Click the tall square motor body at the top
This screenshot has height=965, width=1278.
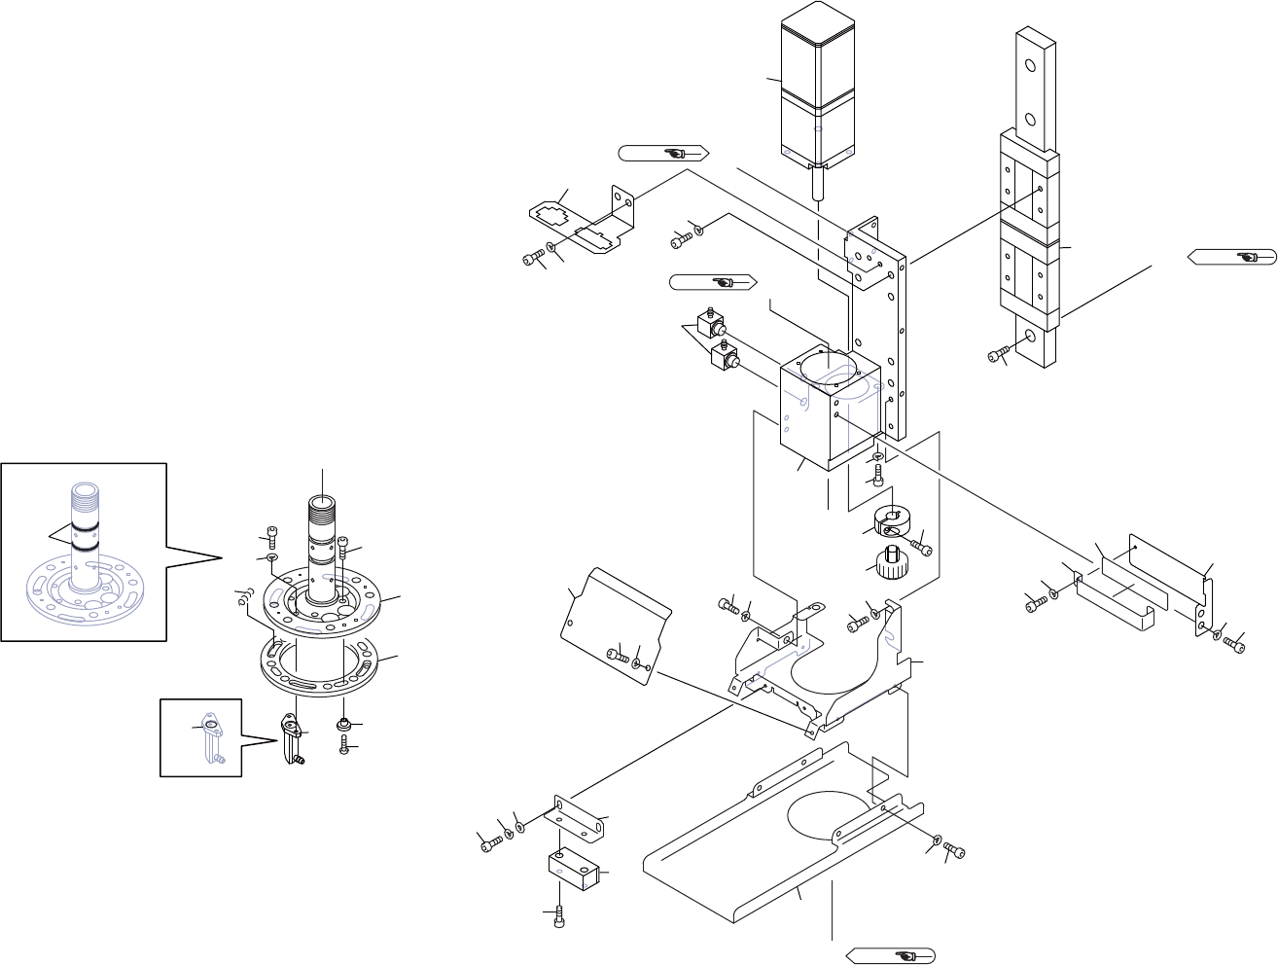coord(818,88)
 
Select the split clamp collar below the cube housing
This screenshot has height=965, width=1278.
coord(892,522)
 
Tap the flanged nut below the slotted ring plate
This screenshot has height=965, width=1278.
coord(344,725)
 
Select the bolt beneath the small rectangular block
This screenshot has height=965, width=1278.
coord(559,916)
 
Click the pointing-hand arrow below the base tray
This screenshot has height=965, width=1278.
coord(891,955)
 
